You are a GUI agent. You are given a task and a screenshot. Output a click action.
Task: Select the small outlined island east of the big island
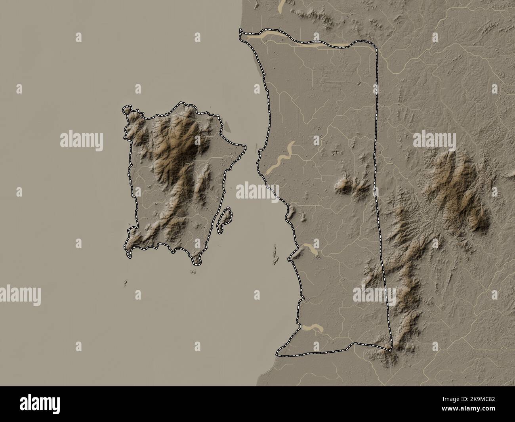(225, 219)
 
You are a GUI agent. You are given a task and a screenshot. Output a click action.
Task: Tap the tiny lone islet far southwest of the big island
(125, 283)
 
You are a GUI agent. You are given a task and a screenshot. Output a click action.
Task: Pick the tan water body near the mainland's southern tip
(312, 327)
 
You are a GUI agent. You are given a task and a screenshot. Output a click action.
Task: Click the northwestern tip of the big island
(126, 109)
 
